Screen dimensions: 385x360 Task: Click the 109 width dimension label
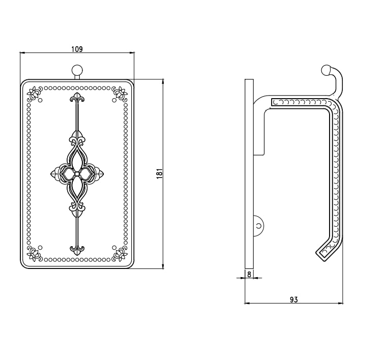pos(77,49)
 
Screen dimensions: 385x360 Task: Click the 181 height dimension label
pos(160,173)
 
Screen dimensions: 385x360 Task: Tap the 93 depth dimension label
pos(293,299)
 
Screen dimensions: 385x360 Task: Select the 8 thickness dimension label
pos(249,275)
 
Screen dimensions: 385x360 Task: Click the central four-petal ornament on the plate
pos(77,174)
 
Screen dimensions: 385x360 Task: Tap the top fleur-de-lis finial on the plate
pos(77,98)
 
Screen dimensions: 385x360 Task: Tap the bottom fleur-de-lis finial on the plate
pos(77,249)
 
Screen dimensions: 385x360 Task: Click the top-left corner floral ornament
pos(35,94)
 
